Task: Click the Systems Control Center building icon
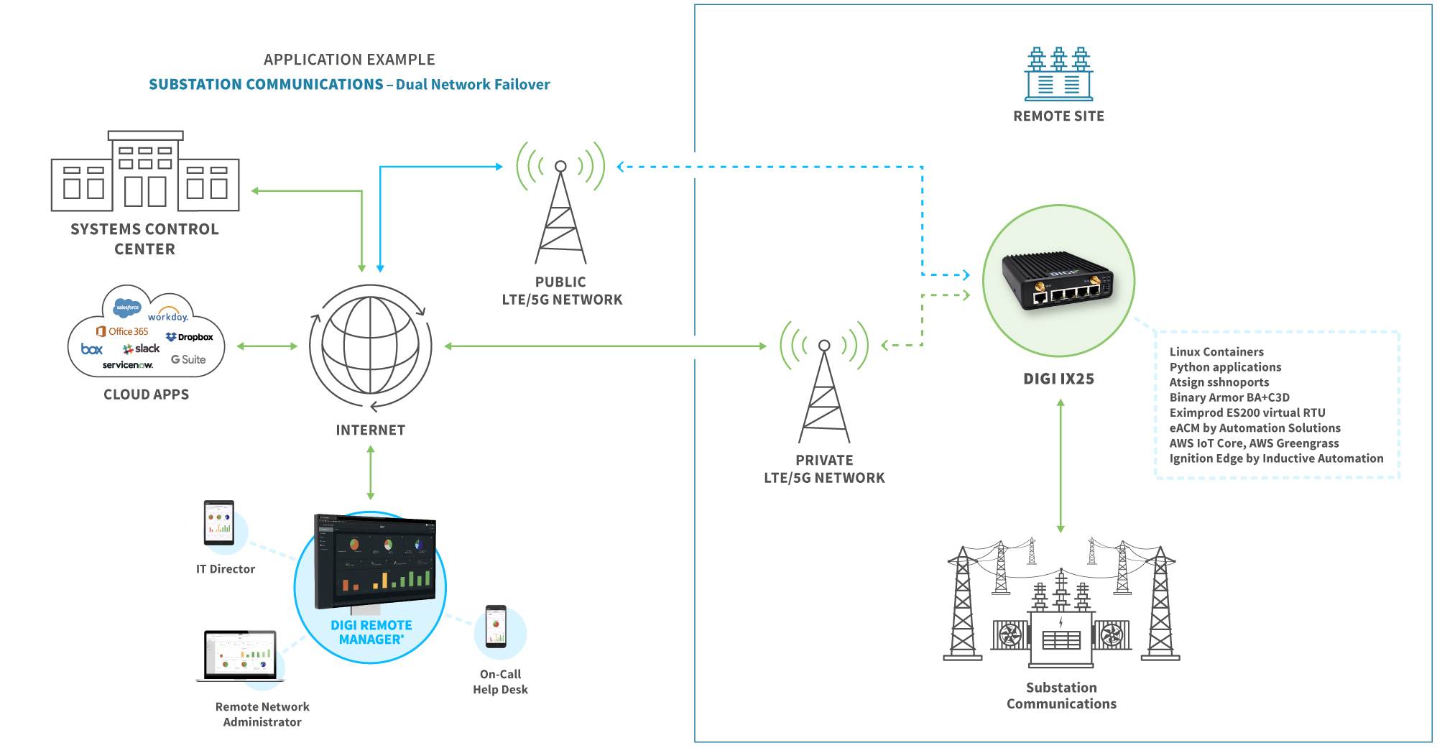(x=145, y=172)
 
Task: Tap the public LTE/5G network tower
(x=560, y=208)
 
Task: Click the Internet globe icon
(x=371, y=346)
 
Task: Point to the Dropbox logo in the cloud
(x=190, y=337)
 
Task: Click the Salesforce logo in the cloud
(x=128, y=308)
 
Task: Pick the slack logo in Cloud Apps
(x=142, y=348)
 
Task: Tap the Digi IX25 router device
(x=1058, y=281)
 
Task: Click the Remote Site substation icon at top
(x=1058, y=75)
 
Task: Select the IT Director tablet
(x=219, y=522)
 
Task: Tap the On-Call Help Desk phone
(x=496, y=627)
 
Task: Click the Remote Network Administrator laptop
(x=241, y=656)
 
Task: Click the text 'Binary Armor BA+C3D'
(x=1229, y=397)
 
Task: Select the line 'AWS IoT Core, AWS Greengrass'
(x=1254, y=443)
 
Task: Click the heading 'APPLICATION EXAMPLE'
(x=349, y=60)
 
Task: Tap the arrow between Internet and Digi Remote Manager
(x=371, y=472)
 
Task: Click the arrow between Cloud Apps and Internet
(x=267, y=346)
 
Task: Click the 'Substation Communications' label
(x=1061, y=696)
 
